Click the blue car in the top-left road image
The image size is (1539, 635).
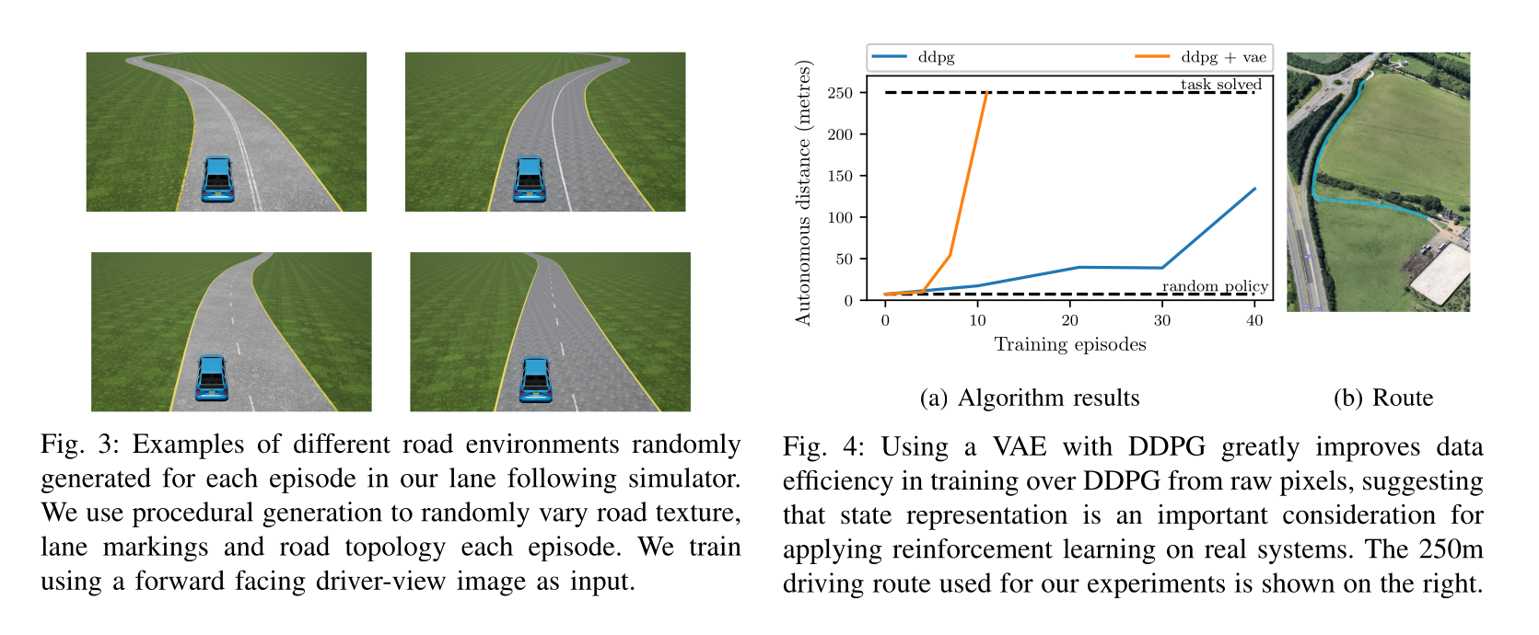(x=217, y=179)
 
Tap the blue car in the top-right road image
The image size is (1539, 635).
(x=530, y=179)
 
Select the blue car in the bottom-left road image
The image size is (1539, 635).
(x=212, y=377)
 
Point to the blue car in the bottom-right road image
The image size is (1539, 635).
(x=535, y=379)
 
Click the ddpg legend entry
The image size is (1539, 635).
(x=936, y=57)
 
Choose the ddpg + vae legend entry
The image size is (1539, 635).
(x=1223, y=57)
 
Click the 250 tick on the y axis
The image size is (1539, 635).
(x=840, y=93)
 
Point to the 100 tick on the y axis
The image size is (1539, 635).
(x=840, y=218)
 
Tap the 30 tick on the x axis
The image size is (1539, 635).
(x=1162, y=320)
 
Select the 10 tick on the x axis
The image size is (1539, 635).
(x=978, y=320)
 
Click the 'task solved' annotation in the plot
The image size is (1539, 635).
(x=1221, y=85)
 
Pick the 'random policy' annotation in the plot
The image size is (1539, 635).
(x=1215, y=286)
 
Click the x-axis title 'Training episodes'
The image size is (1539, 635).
(x=1070, y=344)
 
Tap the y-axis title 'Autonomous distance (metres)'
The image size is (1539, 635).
(x=803, y=193)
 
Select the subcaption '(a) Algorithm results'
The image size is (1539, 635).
(x=1030, y=398)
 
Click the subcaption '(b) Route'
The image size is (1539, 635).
(x=1383, y=398)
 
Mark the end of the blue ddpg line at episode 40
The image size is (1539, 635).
(x=1254, y=189)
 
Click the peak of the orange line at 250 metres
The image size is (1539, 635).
(x=986, y=93)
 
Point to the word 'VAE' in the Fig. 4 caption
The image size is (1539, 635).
(x=1020, y=447)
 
